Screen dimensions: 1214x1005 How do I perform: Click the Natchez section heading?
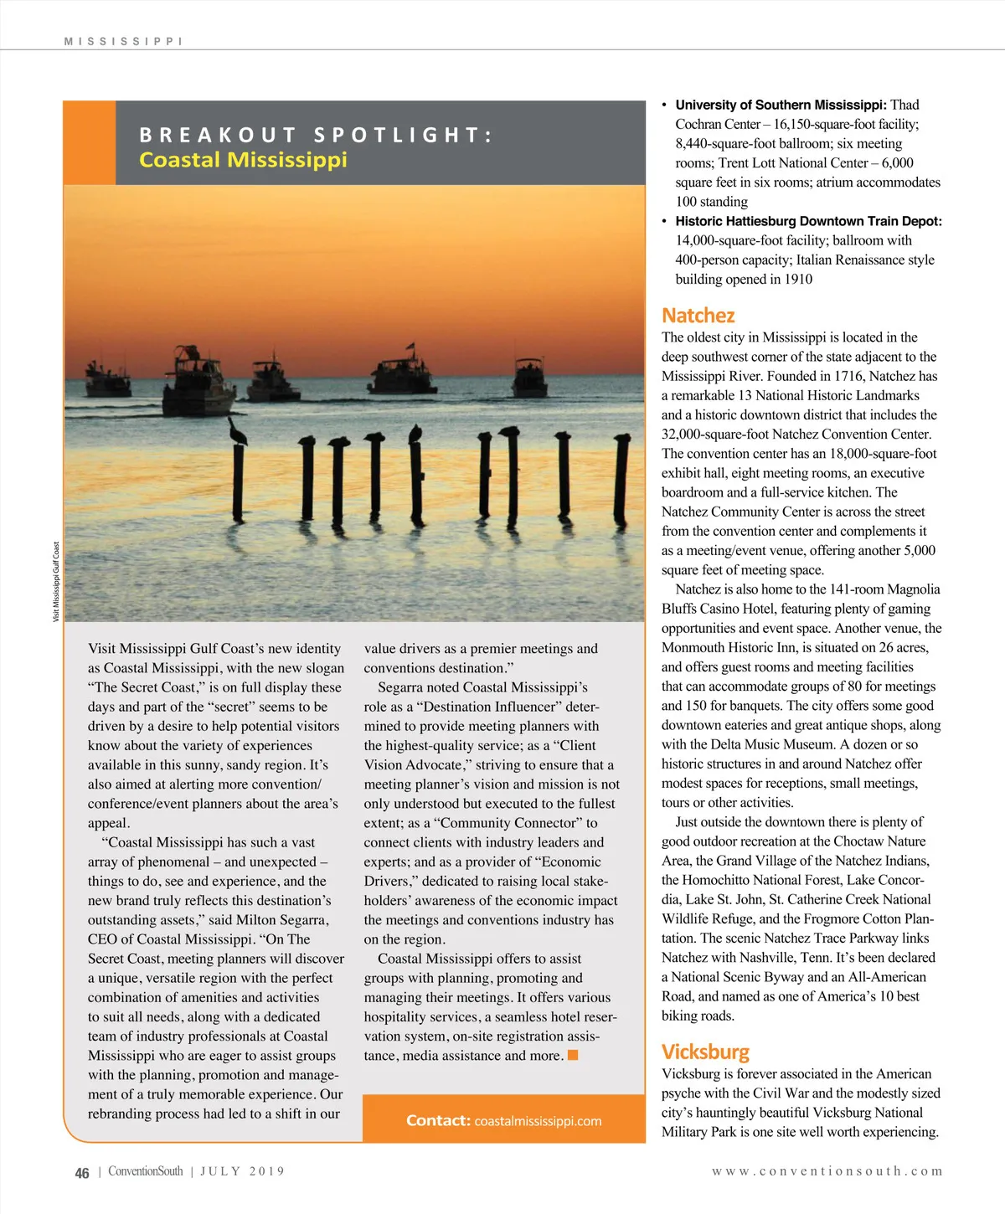698,316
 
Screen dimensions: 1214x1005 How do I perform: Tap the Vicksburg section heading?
705,1052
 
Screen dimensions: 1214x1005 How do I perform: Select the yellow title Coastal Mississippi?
243,160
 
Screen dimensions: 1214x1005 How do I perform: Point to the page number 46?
82,1173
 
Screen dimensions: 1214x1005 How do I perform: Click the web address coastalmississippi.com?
538,1121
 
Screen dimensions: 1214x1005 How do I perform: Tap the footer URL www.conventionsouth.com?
827,1171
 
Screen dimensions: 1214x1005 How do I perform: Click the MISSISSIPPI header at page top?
123,41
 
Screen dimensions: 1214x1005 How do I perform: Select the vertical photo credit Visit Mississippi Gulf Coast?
56,582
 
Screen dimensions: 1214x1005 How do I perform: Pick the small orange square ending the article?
573,1055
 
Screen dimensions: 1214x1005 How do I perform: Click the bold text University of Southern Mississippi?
781,105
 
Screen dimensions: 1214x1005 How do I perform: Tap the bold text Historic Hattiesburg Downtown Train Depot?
808,221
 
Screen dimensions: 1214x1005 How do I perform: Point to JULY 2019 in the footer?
242,1171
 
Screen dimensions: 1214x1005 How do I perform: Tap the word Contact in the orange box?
438,1120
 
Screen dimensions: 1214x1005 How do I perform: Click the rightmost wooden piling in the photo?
621,477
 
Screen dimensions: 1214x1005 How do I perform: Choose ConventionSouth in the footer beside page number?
145,1171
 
